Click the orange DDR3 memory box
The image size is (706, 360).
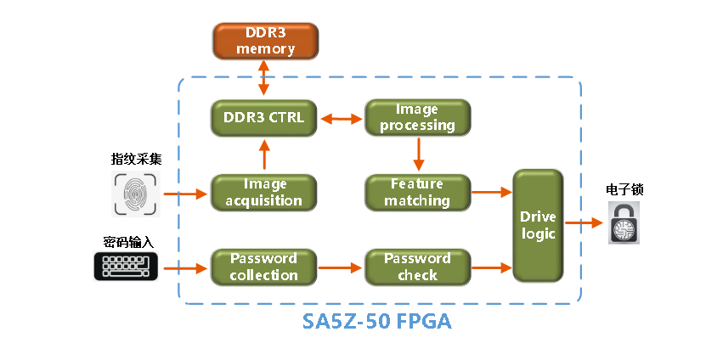[264, 42]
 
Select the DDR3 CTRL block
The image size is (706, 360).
[263, 119]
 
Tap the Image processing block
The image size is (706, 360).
[417, 118]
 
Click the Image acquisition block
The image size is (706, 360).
[263, 193]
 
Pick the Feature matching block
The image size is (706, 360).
[417, 193]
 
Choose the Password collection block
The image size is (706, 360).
[263, 267]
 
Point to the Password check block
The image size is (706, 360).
[417, 267]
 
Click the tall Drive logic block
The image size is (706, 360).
[538, 225]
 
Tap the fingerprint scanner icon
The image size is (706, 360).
[137, 194]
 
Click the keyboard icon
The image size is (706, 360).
[126, 267]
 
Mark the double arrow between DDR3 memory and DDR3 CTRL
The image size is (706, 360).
[264, 80]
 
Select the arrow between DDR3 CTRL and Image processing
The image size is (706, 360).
[341, 119]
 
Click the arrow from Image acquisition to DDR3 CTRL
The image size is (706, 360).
[264, 155]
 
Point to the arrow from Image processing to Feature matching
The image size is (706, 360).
[418, 155]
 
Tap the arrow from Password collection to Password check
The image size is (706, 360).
[341, 267]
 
